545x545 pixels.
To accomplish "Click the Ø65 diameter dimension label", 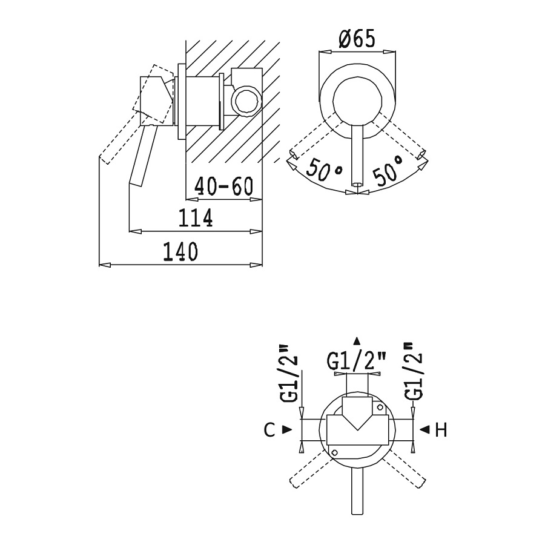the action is click(x=357, y=39).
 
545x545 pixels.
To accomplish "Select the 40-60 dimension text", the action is click(x=223, y=187).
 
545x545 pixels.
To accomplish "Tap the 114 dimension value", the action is click(x=196, y=218).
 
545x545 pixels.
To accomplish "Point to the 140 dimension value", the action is click(x=180, y=251).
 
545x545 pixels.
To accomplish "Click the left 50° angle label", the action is click(x=324, y=170).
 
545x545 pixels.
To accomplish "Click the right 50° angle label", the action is click(x=388, y=170).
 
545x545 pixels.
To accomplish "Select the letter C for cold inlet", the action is click(x=269, y=430).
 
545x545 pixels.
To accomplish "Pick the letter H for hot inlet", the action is click(x=441, y=430).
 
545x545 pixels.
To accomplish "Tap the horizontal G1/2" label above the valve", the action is click(x=357, y=362).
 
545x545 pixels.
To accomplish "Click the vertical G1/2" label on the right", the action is click(x=414, y=371).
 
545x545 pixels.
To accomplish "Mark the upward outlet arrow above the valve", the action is click(x=357, y=340).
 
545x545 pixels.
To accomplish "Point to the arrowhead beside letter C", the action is click(x=287, y=430).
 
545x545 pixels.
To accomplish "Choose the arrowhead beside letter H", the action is click(x=425, y=430).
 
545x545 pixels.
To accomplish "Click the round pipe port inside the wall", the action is click(x=246, y=102).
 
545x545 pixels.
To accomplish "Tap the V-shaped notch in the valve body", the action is click(x=357, y=421).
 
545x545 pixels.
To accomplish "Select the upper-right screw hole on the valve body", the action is click(x=380, y=407).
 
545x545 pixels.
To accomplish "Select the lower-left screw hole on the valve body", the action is click(x=335, y=452).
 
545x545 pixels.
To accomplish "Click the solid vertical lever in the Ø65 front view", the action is click(x=357, y=155).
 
